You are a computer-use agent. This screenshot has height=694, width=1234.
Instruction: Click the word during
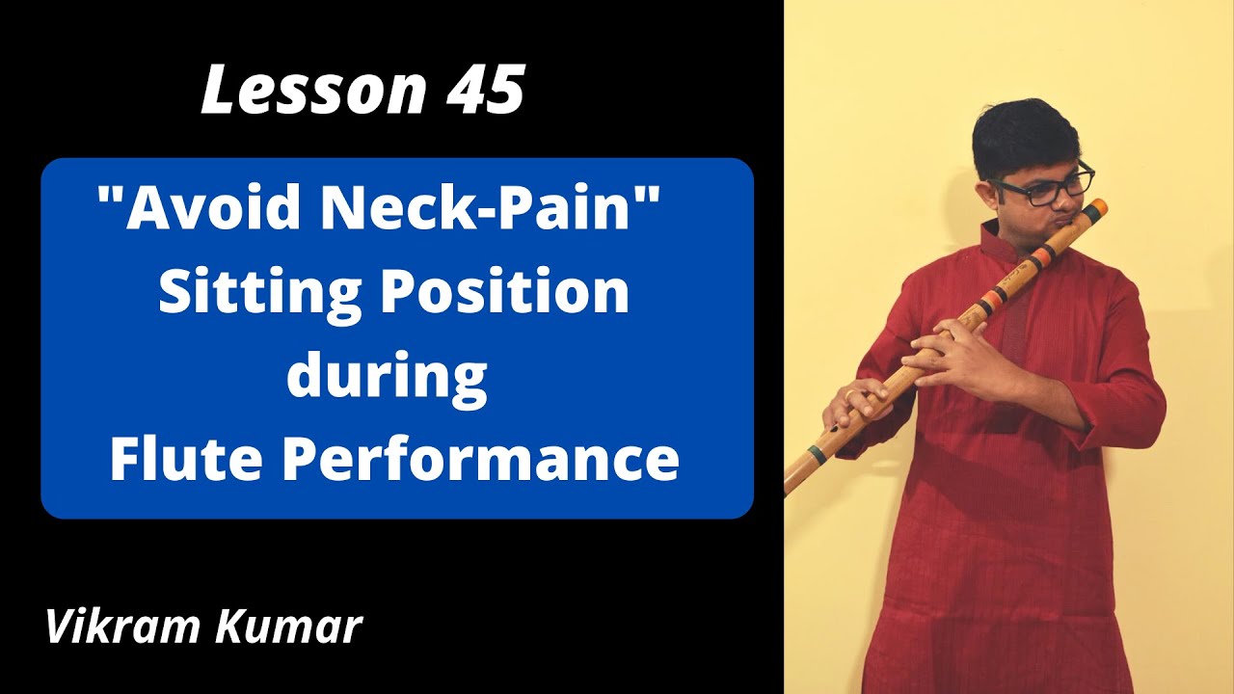(x=386, y=376)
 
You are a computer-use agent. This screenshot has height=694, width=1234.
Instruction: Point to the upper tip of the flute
(x=1099, y=205)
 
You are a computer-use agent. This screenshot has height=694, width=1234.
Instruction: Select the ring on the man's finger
(x=848, y=394)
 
